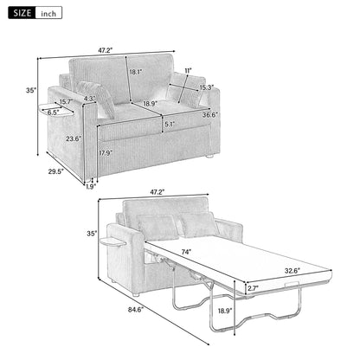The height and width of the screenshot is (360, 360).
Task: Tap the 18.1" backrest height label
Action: (x=134, y=73)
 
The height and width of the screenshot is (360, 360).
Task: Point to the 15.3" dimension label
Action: (x=206, y=87)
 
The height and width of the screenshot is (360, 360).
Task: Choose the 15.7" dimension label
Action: (x=65, y=102)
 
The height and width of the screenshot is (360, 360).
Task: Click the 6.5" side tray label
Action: (x=54, y=112)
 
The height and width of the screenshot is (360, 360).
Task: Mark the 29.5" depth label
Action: (x=56, y=171)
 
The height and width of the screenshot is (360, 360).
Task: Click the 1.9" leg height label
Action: (x=90, y=185)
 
